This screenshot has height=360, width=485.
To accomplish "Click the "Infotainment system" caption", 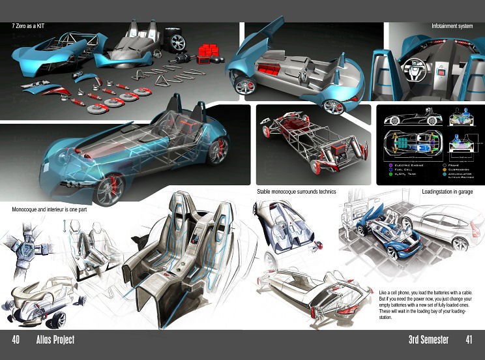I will click(x=452, y=27).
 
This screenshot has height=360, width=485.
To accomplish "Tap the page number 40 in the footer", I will click(x=15, y=340).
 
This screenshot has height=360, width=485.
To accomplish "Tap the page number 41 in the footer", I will click(x=469, y=340).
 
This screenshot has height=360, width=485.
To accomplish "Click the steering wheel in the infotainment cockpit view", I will click(x=416, y=70).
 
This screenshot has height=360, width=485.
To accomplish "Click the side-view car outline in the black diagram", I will click(x=402, y=119).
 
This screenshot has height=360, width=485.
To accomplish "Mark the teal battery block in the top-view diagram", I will click(x=407, y=145).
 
